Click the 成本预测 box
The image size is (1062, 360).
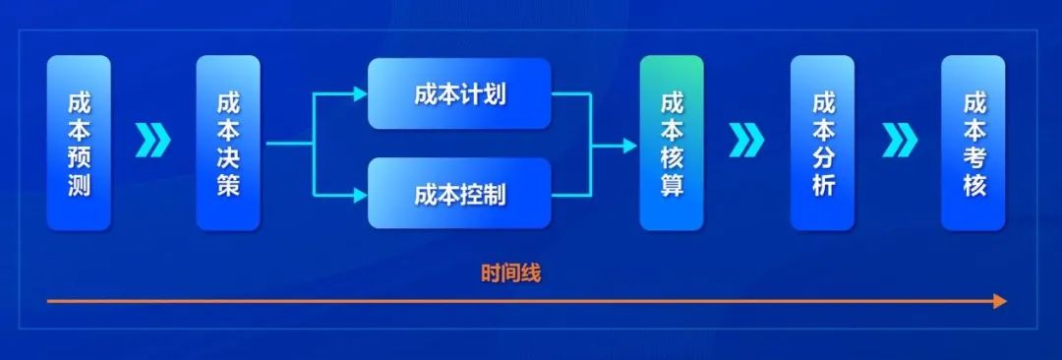79,143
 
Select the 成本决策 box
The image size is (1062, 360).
228,143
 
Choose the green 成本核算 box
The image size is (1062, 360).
672,143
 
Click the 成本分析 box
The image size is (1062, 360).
823,143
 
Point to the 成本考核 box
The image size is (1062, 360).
973,143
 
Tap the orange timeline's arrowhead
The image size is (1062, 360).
1000,301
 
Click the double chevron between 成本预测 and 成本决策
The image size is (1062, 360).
153,142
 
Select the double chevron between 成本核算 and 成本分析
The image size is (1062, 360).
747,142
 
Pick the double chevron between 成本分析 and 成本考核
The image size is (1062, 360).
899,142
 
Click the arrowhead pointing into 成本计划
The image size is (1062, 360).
359,94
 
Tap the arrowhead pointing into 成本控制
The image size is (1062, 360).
359,194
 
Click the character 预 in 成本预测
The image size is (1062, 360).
79,157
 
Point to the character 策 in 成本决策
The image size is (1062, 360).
228,185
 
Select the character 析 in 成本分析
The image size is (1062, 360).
823,185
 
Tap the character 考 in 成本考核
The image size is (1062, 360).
973,157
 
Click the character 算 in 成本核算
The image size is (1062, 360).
672,185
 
